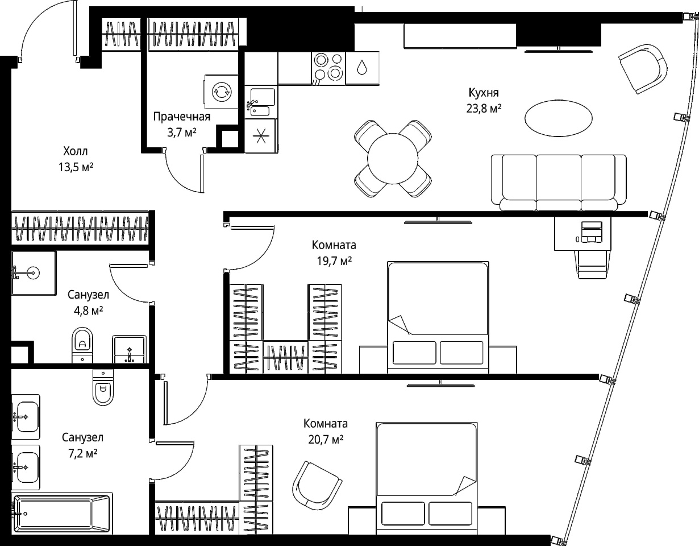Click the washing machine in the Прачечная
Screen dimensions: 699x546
point(221,92)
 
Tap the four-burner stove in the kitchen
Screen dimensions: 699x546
point(328,68)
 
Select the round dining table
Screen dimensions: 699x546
point(393,159)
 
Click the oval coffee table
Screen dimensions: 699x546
point(559,118)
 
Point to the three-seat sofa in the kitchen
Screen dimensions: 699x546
point(559,183)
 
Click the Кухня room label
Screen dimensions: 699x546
point(484,93)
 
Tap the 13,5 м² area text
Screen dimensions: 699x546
point(76,167)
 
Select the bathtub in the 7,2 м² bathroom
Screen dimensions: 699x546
point(62,514)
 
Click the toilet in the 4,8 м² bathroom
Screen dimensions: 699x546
point(82,345)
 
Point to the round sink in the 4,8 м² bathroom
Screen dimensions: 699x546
point(34,273)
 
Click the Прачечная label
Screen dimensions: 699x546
point(182,117)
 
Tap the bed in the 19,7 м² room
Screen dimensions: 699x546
point(438,317)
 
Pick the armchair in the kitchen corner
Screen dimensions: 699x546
point(642,69)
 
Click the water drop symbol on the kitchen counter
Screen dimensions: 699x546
point(362,68)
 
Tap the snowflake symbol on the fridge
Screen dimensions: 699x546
point(260,136)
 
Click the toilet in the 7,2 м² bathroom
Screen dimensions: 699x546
point(103,387)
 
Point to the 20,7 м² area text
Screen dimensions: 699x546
point(326,439)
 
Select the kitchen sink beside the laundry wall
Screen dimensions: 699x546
point(260,102)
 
